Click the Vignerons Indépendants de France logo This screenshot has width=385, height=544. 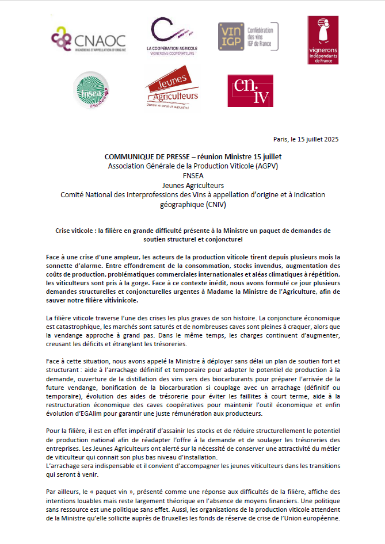[x=323, y=40]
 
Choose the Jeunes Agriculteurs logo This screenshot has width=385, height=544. [x=171, y=87]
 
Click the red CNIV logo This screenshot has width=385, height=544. [x=249, y=90]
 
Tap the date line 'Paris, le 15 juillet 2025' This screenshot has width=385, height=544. [x=306, y=140]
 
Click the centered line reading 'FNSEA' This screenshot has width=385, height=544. [x=193, y=176]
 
